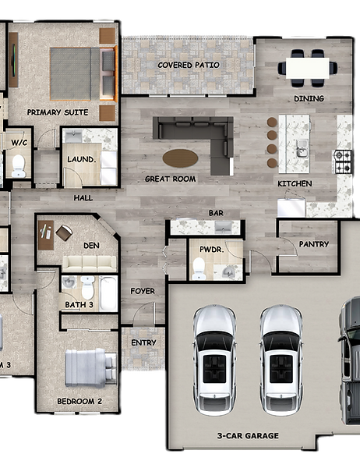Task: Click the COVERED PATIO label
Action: click(x=189, y=65)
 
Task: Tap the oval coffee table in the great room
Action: click(x=180, y=158)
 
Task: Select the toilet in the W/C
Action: click(x=19, y=165)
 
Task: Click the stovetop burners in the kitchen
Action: click(x=342, y=161)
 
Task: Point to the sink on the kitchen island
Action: click(x=302, y=148)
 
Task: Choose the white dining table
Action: click(x=308, y=68)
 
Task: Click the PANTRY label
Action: click(x=313, y=244)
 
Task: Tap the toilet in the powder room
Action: click(x=199, y=268)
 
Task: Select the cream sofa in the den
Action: click(x=90, y=264)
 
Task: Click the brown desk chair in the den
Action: click(x=64, y=232)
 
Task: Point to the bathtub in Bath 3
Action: click(x=108, y=294)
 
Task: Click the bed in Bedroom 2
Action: click(x=90, y=368)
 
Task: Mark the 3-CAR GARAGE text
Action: click(x=248, y=436)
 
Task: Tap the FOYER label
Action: click(x=143, y=291)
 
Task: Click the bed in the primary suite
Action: click(x=83, y=73)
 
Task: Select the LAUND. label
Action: click(x=81, y=160)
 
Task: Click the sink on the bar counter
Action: click(x=223, y=227)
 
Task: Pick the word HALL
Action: click(x=83, y=198)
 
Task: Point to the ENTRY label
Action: click(x=143, y=342)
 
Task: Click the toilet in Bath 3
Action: click(x=87, y=287)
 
